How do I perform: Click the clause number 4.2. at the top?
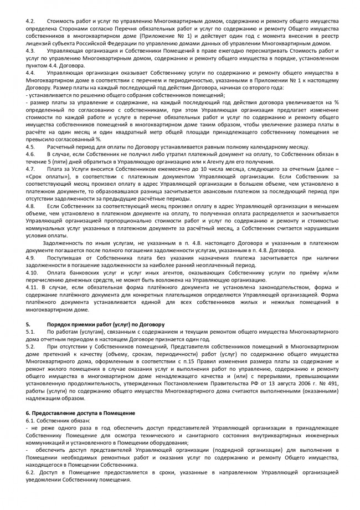coord(31,19)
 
